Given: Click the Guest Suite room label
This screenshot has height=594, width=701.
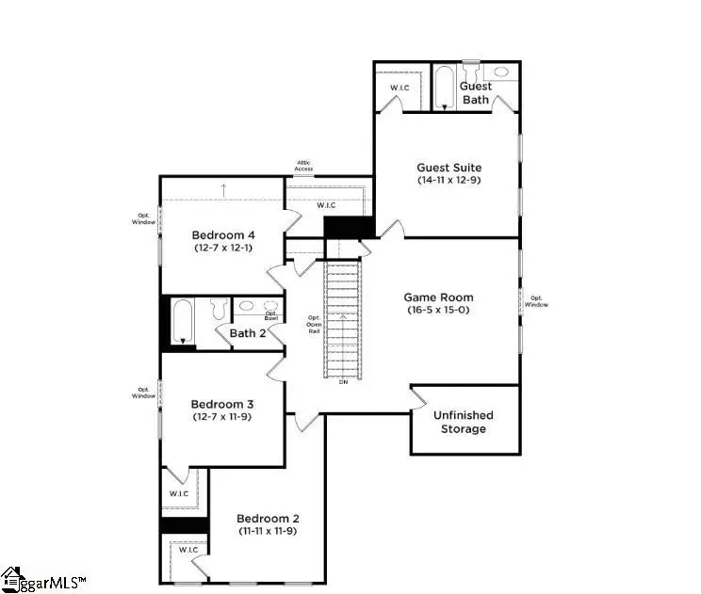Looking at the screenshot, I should point(448,168).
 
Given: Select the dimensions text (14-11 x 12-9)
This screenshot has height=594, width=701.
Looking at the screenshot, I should point(448,181).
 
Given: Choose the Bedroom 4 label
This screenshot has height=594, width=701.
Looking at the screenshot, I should point(223,235).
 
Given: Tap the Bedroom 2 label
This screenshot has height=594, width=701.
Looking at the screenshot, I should point(268,519).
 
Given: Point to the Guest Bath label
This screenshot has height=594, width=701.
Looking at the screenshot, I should point(475,92).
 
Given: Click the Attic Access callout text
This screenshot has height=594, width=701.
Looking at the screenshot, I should point(303,167).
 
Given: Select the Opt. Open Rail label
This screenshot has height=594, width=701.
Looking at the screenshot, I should point(315,325).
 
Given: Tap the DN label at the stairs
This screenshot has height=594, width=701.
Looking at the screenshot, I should point(342,382).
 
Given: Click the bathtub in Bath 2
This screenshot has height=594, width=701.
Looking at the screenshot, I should point(182,320).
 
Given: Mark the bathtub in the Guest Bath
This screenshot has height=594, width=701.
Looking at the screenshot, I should point(445,88).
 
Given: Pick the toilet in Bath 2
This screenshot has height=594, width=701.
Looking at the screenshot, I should point(217,309).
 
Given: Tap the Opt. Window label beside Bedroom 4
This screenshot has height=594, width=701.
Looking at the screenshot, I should point(143,219).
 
